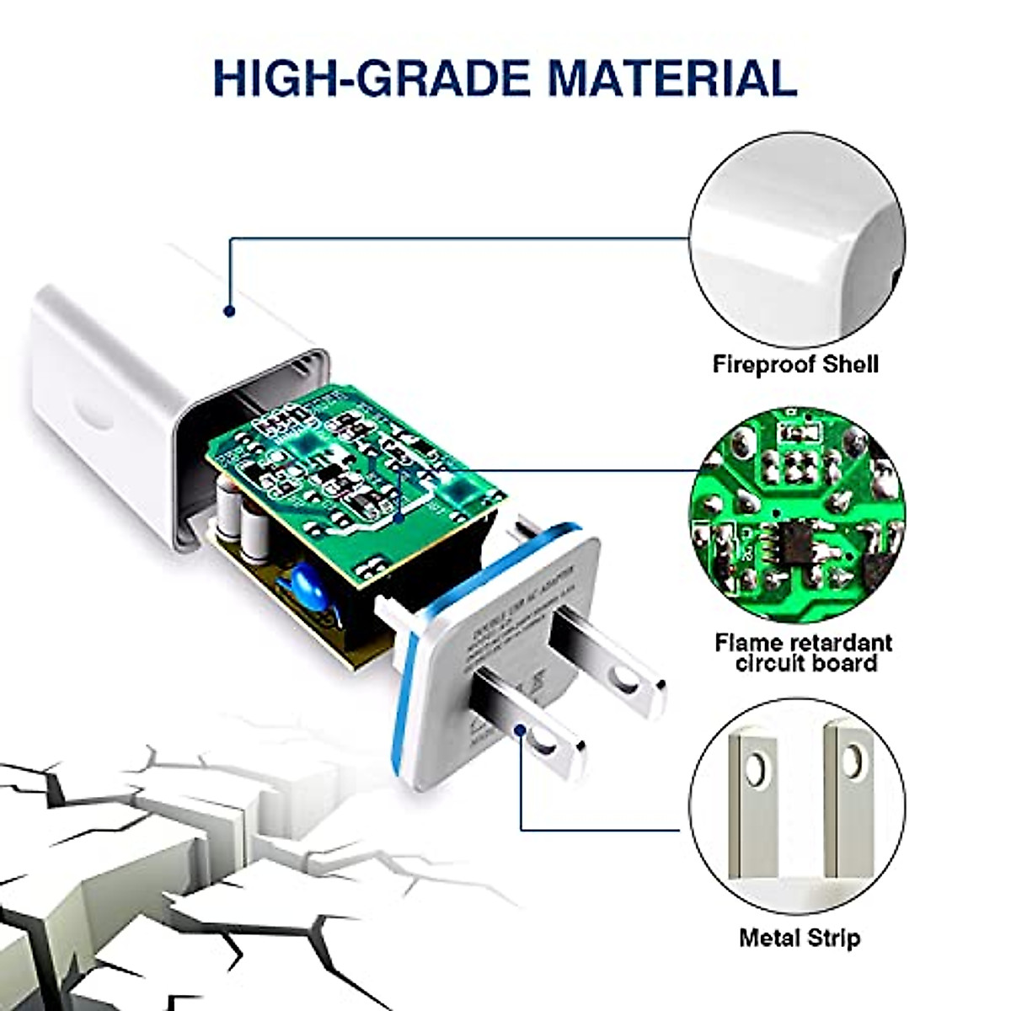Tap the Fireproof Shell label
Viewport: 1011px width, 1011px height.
pos(795,364)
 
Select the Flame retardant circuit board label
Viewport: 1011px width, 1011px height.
pos(803,652)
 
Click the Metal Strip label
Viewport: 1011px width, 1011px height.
pos(800,937)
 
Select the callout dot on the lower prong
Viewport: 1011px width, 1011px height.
pos(522,731)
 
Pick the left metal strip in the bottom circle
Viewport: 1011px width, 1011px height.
pos(757,809)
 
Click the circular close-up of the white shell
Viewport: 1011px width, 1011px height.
pos(797,240)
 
